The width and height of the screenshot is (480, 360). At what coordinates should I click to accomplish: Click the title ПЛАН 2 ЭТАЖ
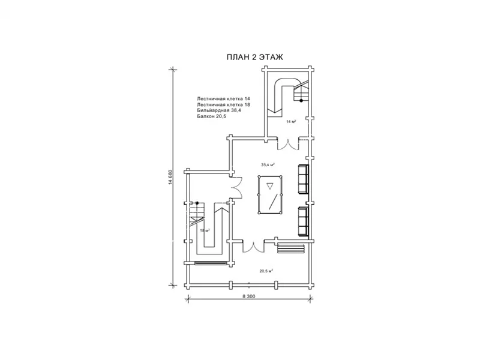tap(254, 57)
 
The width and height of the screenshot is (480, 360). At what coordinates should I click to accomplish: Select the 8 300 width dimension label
tap(248, 296)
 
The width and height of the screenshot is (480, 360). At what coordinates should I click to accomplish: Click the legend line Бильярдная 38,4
tap(219, 110)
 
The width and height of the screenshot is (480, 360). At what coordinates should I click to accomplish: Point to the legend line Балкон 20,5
tap(212, 116)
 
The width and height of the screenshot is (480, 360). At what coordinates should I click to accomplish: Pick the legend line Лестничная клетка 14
tap(223, 99)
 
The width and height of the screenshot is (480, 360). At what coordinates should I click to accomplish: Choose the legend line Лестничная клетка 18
tap(223, 104)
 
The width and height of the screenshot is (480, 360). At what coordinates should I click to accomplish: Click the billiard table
tap(269, 195)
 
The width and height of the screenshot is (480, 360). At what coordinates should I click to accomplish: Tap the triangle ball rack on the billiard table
tap(269, 186)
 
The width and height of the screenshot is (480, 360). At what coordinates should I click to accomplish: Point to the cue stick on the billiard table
tap(275, 201)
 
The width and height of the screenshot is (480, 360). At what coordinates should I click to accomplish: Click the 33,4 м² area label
tap(268, 164)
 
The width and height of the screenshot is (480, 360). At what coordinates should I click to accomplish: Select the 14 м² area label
tap(291, 122)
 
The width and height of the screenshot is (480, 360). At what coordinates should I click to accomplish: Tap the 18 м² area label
tap(205, 231)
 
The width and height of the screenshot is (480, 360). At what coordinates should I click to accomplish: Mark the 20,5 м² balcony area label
tap(266, 271)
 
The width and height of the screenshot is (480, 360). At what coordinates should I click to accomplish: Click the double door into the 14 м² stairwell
tap(288, 145)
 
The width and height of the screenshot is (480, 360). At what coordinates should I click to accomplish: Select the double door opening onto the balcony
tap(253, 247)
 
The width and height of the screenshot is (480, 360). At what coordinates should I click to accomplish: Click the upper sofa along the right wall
tap(303, 179)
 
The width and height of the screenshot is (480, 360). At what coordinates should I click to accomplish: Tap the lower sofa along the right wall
tap(303, 221)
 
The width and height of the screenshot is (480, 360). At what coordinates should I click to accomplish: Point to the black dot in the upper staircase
tap(301, 100)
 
